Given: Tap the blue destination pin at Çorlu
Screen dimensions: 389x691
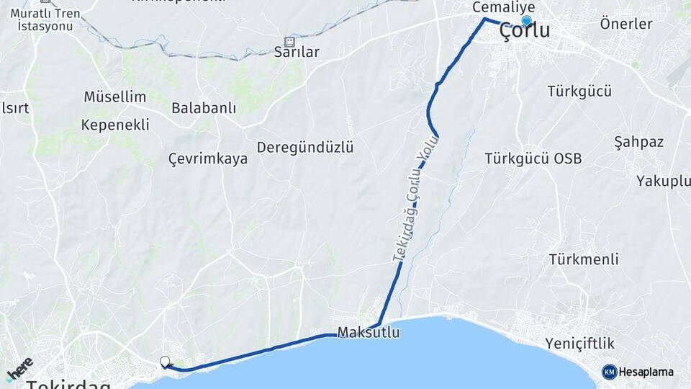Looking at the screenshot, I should click(x=527, y=22).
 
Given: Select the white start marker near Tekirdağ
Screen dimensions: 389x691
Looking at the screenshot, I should click(x=165, y=362).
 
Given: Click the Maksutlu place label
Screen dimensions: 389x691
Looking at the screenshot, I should click(x=368, y=334).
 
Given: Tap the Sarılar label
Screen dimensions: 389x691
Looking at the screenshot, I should click(x=297, y=53).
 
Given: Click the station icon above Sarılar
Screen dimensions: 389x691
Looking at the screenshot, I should click(x=290, y=41).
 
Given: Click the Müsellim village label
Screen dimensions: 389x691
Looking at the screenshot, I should click(x=115, y=97).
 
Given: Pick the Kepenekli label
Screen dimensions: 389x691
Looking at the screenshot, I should click(x=115, y=125).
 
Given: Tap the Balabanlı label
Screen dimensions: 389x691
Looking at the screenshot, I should click(x=204, y=108).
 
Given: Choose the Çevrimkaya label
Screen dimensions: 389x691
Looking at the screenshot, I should click(x=207, y=158).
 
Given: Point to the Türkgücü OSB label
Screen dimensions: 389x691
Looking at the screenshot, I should click(x=533, y=158).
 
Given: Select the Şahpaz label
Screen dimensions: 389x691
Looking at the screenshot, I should click(x=638, y=141).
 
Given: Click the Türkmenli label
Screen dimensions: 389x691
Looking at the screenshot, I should click(x=584, y=259).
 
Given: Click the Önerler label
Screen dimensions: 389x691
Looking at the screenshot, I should click(x=625, y=24).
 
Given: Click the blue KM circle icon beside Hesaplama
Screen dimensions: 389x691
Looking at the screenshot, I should click(x=609, y=372).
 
